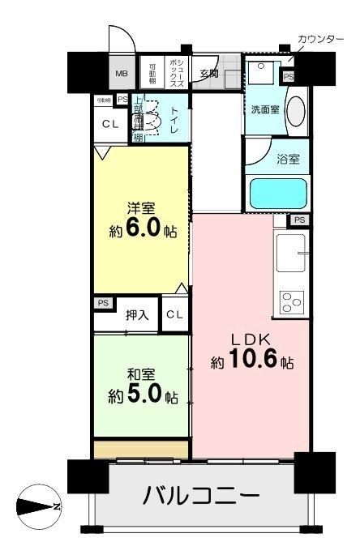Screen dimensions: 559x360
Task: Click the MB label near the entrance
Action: pos(121,74)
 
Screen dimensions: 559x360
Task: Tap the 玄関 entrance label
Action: pos(209,74)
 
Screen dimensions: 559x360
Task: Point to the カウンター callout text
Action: pos(320,39)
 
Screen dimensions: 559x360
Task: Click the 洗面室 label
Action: pos(264,110)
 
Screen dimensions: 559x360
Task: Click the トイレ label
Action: pos(174,120)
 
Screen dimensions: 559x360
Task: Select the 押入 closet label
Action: pos(136,315)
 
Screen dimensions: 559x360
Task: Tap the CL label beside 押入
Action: pos(176,314)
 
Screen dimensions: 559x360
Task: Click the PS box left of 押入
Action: pos(103,303)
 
